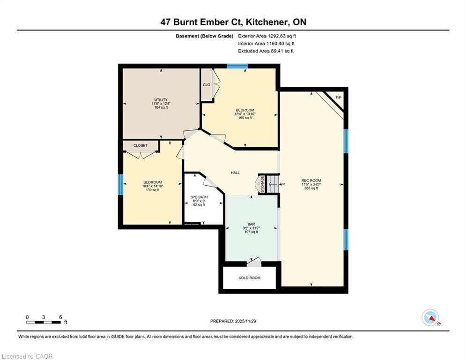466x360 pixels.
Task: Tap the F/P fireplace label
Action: [339, 97]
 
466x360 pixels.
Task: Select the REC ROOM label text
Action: [311, 180]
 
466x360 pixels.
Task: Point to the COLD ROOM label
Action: [249, 277]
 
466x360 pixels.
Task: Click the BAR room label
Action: [251, 224]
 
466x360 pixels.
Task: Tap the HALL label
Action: [235, 172]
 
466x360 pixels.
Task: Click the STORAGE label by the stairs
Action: [262, 184]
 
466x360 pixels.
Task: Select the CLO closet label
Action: [206, 85]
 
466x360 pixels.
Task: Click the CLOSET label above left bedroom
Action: [140, 145]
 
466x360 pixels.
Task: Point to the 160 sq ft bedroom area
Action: [244, 118]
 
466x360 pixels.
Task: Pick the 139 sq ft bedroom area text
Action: [152, 189]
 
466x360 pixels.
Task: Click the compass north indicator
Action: [430, 317]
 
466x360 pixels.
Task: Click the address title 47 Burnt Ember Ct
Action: [233, 22]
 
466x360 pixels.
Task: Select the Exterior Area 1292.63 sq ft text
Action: [267, 36]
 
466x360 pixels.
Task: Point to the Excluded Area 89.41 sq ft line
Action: [266, 51]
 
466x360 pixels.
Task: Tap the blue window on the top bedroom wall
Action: [237, 66]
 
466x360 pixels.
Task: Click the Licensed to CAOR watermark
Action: [27, 356]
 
